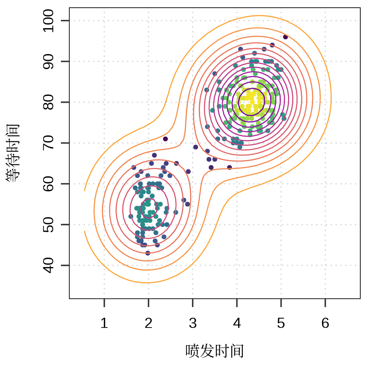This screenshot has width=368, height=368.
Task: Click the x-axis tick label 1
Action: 104,324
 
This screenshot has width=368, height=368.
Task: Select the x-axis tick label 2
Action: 149,324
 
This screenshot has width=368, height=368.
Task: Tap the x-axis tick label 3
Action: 193,324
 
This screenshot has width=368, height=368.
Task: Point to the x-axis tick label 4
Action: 237,324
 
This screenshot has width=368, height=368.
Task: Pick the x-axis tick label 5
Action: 281,324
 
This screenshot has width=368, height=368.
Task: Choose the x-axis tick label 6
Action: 325,324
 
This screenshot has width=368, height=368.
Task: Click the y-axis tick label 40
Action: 49,265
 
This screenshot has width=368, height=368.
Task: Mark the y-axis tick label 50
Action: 49,224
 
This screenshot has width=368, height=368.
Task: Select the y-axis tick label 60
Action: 49,184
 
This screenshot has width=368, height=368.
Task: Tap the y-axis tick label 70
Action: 49,143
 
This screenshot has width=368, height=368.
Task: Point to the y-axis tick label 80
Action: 49,102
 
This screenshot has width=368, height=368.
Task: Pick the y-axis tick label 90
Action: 49,61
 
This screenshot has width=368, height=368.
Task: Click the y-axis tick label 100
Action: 49,21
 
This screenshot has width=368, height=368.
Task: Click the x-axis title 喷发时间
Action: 215,351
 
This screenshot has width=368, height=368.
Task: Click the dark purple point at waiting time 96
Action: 285,37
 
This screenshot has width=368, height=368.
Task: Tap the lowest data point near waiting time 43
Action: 148,253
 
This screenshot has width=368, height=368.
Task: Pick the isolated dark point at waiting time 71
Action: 165,139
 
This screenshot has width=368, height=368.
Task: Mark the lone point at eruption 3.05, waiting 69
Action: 195,147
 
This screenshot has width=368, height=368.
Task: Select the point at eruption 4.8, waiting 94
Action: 272,45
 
